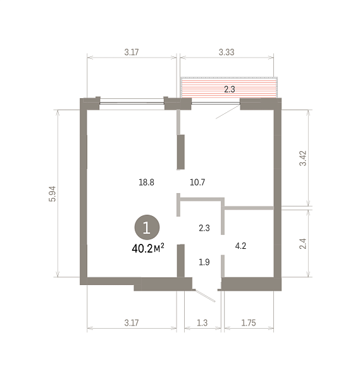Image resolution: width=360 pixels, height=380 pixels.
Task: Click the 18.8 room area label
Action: pyautogui.click(x=146, y=182)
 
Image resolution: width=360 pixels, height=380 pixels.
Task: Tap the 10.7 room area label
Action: pyautogui.click(x=197, y=182)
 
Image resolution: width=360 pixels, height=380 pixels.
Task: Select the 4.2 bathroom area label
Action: pyautogui.click(x=240, y=246)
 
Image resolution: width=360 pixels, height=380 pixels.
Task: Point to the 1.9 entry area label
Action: pyautogui.click(x=204, y=262)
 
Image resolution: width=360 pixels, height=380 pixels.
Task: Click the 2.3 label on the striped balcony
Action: pyautogui.click(x=229, y=89)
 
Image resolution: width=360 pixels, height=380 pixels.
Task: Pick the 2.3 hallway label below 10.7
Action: pyautogui.click(x=204, y=228)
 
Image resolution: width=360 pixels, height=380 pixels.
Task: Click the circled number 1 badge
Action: pyautogui.click(x=147, y=227)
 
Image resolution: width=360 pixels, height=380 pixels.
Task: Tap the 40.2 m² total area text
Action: pyautogui.click(x=148, y=248)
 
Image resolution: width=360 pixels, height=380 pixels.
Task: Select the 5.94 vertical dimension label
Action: pyautogui.click(x=53, y=194)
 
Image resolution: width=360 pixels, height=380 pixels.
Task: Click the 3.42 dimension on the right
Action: pyautogui.click(x=303, y=158)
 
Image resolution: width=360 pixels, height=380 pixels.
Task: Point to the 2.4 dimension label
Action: pyautogui.click(x=303, y=244)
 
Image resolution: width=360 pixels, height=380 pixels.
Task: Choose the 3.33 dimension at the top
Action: pyautogui.click(x=227, y=52)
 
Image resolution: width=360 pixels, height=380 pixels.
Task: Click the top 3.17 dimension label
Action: pyautogui.click(x=132, y=52)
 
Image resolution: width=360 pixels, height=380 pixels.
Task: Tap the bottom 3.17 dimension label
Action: pyautogui.click(x=132, y=323)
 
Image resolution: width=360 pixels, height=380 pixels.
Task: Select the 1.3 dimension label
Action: pyautogui.click(x=202, y=323)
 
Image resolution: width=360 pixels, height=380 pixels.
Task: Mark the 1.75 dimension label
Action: pyautogui.click(x=249, y=323)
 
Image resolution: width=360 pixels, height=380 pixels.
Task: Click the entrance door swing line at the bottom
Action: pyautogui.click(x=205, y=296)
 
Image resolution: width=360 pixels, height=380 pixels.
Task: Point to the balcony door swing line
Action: pyautogui.click(x=228, y=111)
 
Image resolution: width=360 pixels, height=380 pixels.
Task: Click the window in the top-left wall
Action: pyautogui.click(x=132, y=103)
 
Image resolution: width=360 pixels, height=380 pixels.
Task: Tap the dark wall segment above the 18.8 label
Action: pyautogui.click(x=181, y=152)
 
